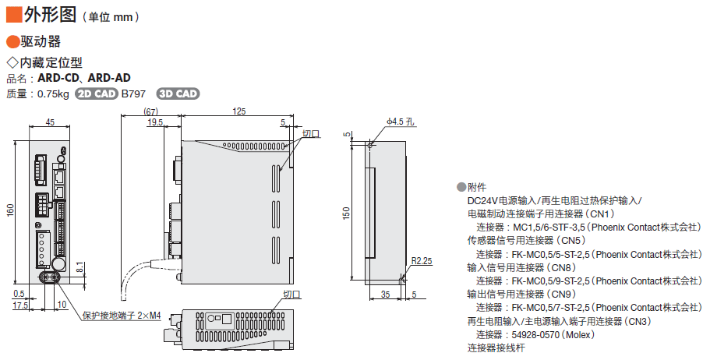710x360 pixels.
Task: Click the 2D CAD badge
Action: pyautogui.click(x=96, y=94)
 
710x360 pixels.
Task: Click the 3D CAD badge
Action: pyautogui.click(x=178, y=94)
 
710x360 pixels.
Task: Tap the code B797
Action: pyautogui.click(x=133, y=94)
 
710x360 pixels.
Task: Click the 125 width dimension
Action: pyautogui.click(x=239, y=111)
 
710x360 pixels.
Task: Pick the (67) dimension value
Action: pyautogui.click(x=151, y=111)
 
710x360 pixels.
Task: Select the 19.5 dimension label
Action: pyautogui.click(x=154, y=122)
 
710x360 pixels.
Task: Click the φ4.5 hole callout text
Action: pyautogui.click(x=401, y=122)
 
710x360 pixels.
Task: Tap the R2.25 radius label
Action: pyautogui.click(x=421, y=261)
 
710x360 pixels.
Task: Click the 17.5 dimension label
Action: pyautogui.click(x=20, y=305)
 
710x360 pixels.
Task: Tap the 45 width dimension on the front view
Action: pyautogui.click(x=50, y=122)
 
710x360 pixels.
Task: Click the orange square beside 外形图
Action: pyautogui.click(x=13, y=13)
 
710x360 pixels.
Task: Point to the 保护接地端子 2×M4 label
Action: pyautogui.click(x=121, y=316)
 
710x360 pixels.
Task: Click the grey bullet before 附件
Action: pyautogui.click(x=461, y=187)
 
